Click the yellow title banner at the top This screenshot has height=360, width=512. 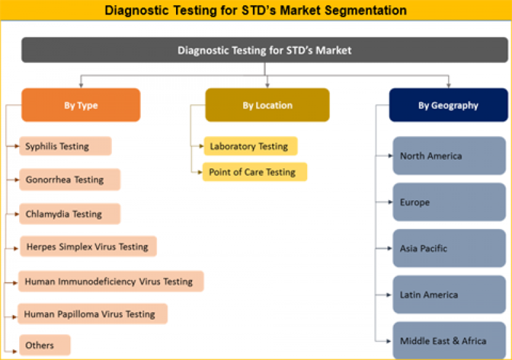point(256,10)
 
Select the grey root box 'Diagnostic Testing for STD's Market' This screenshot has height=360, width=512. point(265,50)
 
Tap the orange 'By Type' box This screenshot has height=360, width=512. point(81,105)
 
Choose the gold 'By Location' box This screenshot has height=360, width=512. point(268,105)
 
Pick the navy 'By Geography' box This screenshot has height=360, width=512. point(448,105)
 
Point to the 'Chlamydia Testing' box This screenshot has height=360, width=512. point(69,214)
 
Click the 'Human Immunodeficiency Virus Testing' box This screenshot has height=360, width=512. point(111,281)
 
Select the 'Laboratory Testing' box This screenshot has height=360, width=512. point(250,146)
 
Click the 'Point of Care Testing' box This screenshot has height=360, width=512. point(255,172)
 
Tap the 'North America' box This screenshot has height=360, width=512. point(448,155)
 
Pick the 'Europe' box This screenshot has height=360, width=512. point(448,202)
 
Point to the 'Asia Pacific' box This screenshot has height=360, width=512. point(448,248)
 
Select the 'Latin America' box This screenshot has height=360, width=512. point(448,295)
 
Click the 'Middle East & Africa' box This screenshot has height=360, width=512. point(448,341)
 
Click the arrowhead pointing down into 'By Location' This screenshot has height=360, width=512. point(267,85)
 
